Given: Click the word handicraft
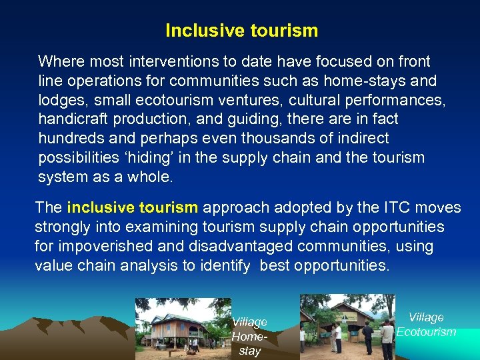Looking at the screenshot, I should [69, 120].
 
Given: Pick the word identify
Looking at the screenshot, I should [225, 265].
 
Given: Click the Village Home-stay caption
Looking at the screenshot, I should [249, 337].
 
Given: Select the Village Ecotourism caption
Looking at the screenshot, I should [426, 325].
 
